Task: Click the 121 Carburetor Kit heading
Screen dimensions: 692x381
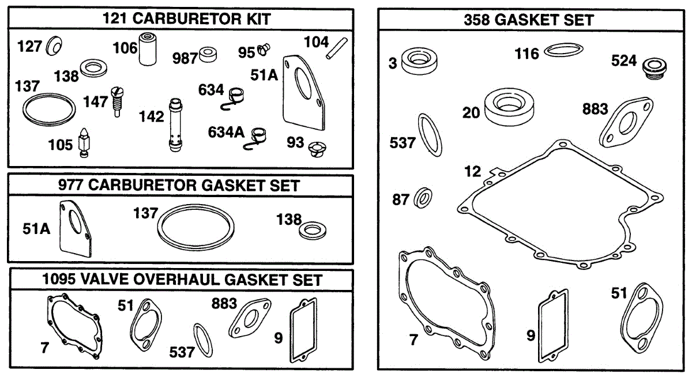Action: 187,19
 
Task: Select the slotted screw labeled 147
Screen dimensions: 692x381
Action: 117,101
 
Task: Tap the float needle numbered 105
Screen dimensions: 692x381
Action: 84,143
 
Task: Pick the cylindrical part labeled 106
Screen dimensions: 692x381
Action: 148,49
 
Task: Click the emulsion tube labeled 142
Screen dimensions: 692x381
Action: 176,125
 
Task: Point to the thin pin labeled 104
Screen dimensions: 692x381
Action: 337,48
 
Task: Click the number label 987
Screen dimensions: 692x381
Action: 185,58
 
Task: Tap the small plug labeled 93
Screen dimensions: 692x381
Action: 317,149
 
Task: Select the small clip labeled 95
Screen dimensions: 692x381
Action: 264,50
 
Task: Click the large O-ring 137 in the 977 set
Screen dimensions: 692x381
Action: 195,227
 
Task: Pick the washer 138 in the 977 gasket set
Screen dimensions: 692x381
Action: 313,231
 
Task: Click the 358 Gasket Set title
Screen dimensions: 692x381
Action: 529,20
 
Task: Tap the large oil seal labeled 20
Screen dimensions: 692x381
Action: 509,107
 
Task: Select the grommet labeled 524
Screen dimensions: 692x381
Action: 655,69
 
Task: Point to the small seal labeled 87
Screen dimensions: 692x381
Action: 423,198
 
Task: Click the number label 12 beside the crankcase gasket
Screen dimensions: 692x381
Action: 473,171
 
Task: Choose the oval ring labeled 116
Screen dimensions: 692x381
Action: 563,50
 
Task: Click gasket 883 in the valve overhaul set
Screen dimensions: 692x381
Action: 250,318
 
